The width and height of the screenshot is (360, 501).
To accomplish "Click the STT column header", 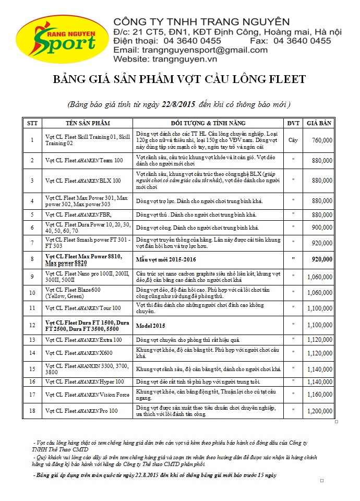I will click(x=32, y=123).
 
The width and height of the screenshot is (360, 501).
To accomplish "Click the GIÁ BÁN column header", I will click(x=319, y=123).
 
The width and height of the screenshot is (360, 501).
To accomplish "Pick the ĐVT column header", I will click(x=293, y=123).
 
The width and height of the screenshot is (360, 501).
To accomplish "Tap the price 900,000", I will click(x=322, y=228).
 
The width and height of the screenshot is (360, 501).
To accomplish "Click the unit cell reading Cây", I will click(x=293, y=140).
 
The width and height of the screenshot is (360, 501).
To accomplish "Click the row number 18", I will click(x=32, y=411).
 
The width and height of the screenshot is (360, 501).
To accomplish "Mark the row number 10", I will click(x=32, y=293).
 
